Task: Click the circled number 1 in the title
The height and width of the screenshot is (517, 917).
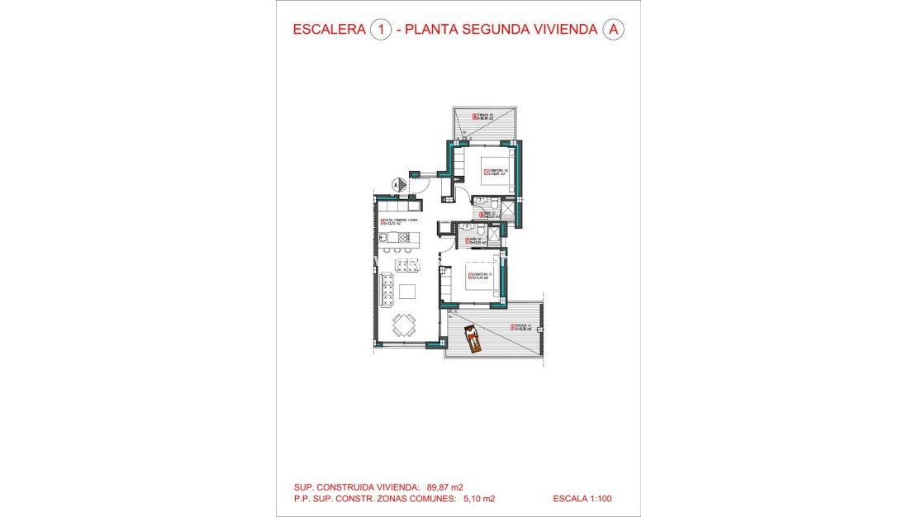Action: click(x=381, y=30)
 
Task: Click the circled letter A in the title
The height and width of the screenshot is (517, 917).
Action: click(x=613, y=30)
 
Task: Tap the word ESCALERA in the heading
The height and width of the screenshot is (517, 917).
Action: click(x=330, y=30)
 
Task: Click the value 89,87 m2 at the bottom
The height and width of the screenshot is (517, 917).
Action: click(x=451, y=487)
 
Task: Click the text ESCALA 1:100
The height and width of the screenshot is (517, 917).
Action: click(x=583, y=499)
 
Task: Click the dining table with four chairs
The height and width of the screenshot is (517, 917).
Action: click(x=404, y=325)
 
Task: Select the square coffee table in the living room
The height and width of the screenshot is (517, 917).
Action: click(x=408, y=291)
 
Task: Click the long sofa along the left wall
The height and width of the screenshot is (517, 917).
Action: click(x=387, y=290)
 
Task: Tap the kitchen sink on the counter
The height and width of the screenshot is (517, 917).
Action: click(x=384, y=239)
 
